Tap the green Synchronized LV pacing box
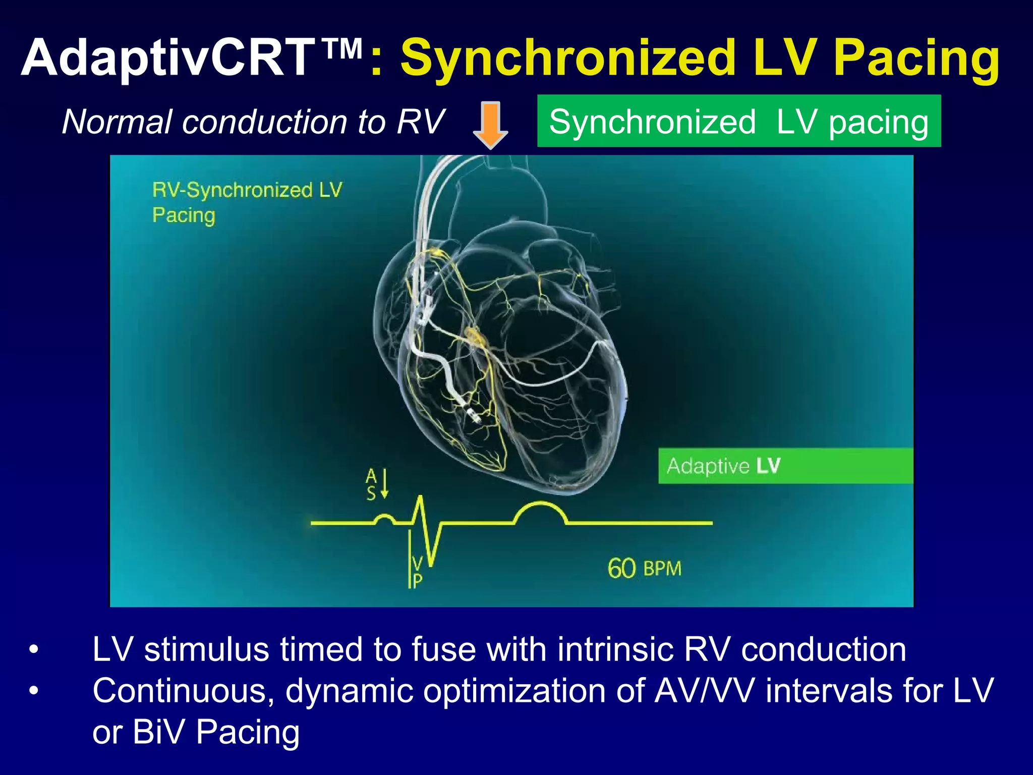(x=738, y=121)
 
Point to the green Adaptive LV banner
(x=785, y=466)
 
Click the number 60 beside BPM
(x=621, y=569)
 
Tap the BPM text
(x=662, y=569)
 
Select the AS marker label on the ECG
(x=372, y=484)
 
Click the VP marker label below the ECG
(x=417, y=572)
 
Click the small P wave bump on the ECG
(x=384, y=518)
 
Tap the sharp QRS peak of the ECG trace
(x=420, y=500)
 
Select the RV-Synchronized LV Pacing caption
(x=247, y=202)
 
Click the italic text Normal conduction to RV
(x=253, y=122)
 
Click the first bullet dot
(x=34, y=649)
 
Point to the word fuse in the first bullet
(x=443, y=649)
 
